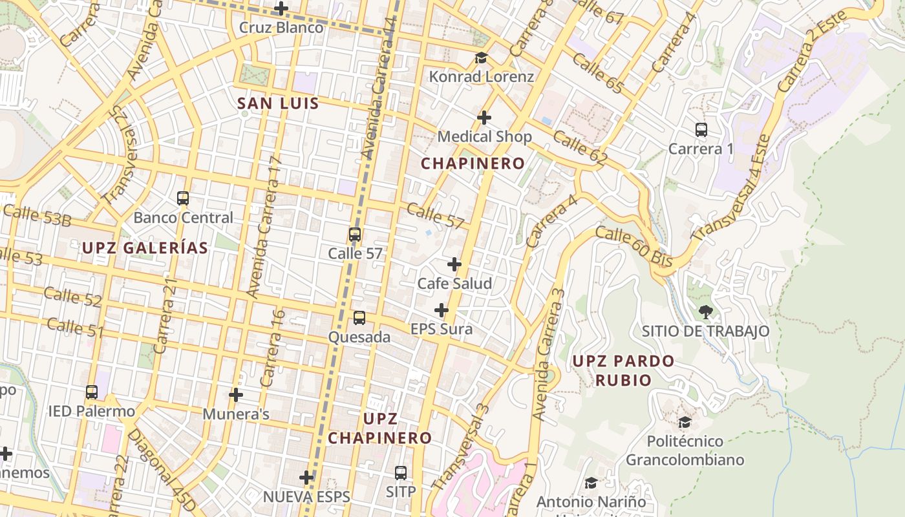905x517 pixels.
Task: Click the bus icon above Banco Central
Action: tap(183, 198)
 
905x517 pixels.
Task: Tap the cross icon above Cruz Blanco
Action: tap(281, 8)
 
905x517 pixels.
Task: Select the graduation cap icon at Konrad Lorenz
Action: tap(481, 58)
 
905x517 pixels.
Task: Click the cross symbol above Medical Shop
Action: tap(484, 118)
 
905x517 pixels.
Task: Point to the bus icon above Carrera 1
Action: tap(701, 130)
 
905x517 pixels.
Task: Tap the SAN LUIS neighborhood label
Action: tap(278, 103)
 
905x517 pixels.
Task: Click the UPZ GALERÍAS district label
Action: tap(145, 248)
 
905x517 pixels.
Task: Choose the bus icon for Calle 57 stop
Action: tap(355, 235)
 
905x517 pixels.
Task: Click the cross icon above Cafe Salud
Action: tap(454, 264)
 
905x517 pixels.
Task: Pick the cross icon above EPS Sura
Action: tap(442, 310)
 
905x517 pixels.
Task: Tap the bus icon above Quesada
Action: tap(359, 318)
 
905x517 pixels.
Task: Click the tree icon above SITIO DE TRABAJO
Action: tap(705, 312)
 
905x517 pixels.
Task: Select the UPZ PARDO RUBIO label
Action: tap(623, 370)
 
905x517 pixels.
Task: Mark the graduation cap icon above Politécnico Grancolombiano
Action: tap(685, 423)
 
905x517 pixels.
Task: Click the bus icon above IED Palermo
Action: tap(92, 392)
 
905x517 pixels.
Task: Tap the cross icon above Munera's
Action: tap(236, 394)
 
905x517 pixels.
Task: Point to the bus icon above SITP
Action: tap(401, 473)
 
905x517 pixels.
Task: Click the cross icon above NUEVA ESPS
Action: tap(306, 478)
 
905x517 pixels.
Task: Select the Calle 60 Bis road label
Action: tap(634, 247)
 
